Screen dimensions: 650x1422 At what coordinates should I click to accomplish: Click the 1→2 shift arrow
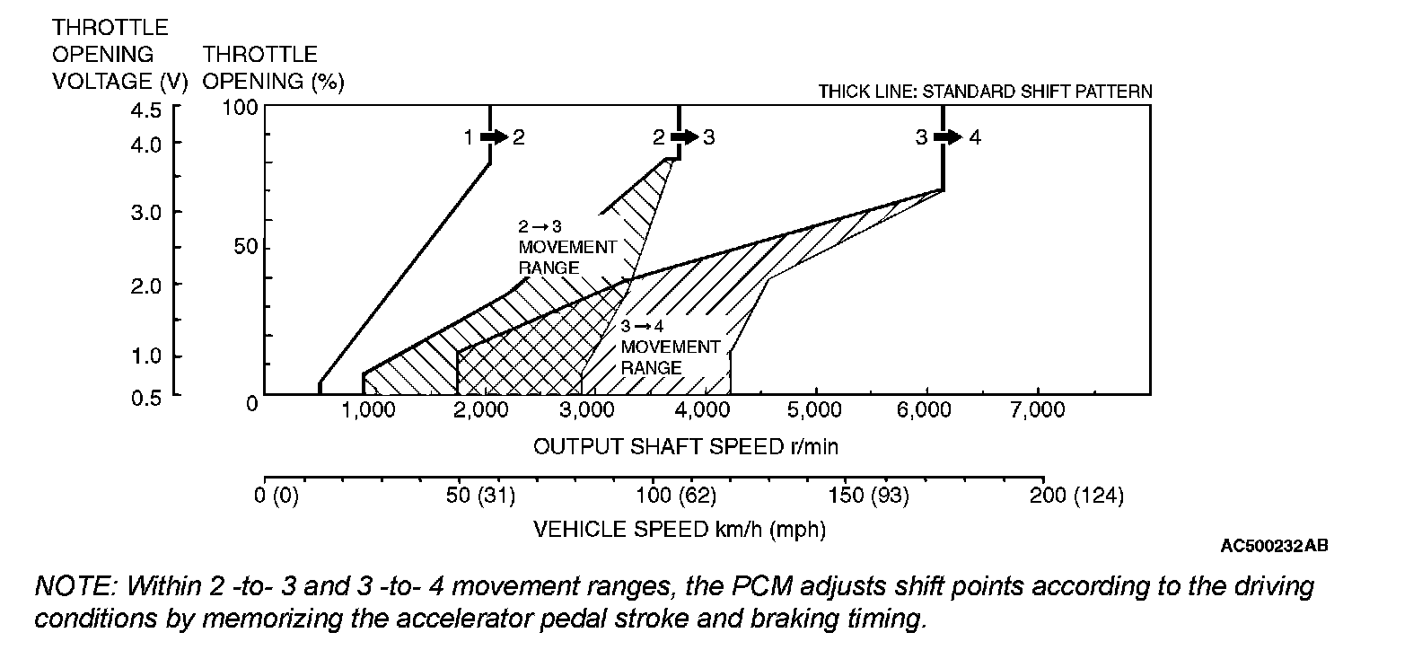494,137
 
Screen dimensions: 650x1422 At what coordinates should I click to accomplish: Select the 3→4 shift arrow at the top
947,137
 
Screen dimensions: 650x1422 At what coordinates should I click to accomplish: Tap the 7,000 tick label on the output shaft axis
1038,410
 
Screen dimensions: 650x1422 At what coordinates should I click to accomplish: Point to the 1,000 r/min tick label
369,410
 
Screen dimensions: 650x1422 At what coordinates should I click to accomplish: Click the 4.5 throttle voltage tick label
146,110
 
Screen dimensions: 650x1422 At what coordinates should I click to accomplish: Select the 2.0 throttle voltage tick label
146,285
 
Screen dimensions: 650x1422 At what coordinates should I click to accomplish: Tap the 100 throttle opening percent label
241,108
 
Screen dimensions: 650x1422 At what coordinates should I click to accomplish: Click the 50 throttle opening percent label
246,247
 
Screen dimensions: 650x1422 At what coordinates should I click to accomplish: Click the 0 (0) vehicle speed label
276,495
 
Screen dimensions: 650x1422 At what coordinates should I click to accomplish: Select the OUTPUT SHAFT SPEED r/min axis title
686,446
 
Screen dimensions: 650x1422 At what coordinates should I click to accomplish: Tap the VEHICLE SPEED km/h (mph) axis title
680,529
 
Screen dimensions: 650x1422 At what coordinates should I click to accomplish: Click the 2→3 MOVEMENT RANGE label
567,247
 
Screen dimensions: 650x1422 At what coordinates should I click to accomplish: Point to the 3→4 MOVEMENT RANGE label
670,347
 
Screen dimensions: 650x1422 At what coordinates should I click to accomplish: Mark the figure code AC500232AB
1275,546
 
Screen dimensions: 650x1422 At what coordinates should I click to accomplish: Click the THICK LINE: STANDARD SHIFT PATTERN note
985,92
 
